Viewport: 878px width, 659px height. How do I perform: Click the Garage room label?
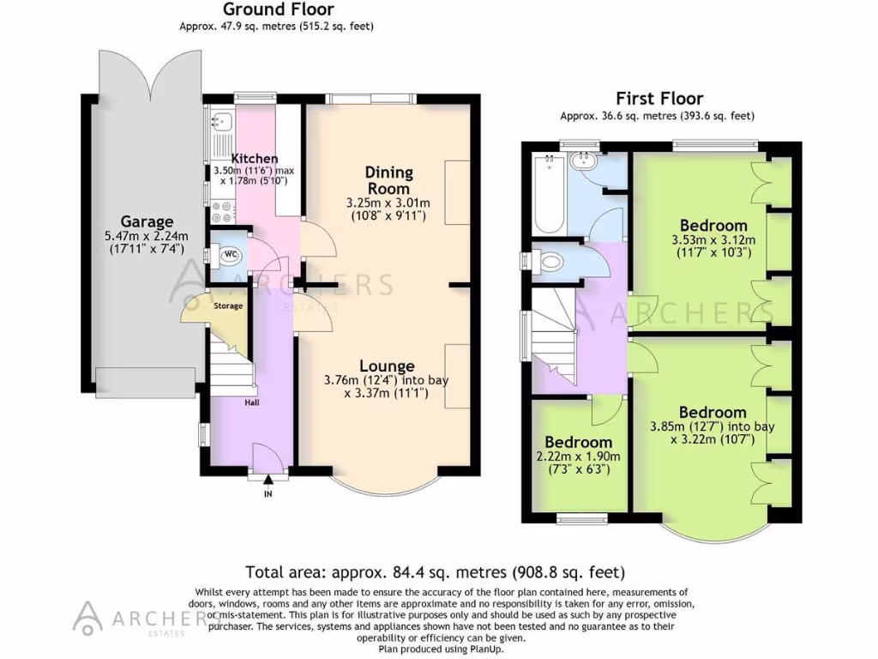tap(146, 221)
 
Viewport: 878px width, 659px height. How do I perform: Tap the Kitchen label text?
tap(255, 159)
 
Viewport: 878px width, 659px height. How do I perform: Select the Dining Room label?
tap(388, 180)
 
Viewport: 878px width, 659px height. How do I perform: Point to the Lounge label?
tap(387, 366)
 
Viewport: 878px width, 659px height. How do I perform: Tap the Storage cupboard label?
tap(227, 306)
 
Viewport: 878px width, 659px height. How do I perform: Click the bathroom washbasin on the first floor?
tap(586, 160)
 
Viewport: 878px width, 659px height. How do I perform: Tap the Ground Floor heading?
tap(278, 10)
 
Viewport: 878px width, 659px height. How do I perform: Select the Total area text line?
tap(435, 571)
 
